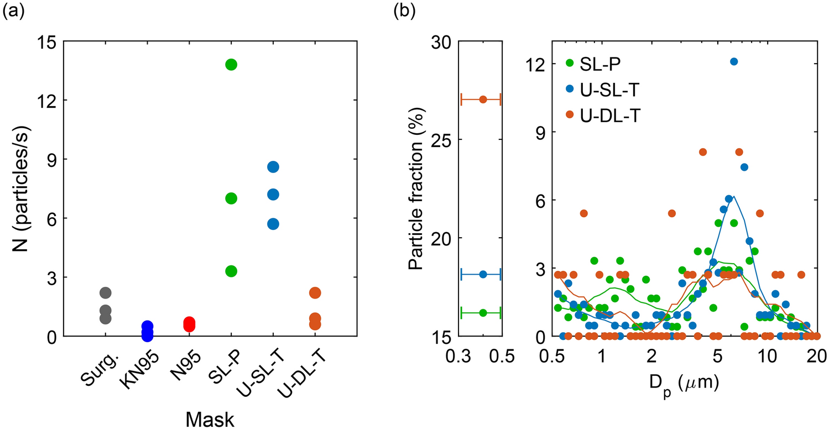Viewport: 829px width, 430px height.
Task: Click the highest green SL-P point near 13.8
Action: pyautogui.click(x=231, y=65)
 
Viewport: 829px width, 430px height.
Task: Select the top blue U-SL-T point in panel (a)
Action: pyautogui.click(x=273, y=167)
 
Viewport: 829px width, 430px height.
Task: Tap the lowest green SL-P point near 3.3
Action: pyautogui.click(x=231, y=271)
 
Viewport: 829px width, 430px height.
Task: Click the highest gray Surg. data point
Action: pyautogui.click(x=106, y=292)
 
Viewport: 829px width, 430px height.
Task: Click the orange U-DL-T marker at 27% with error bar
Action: pyautogui.click(x=483, y=99)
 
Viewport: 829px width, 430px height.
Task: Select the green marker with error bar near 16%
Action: pyautogui.click(x=483, y=313)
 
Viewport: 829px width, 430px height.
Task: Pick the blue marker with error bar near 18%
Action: pyautogui.click(x=483, y=274)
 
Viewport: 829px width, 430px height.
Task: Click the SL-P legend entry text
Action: pyautogui.click(x=600, y=64)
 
